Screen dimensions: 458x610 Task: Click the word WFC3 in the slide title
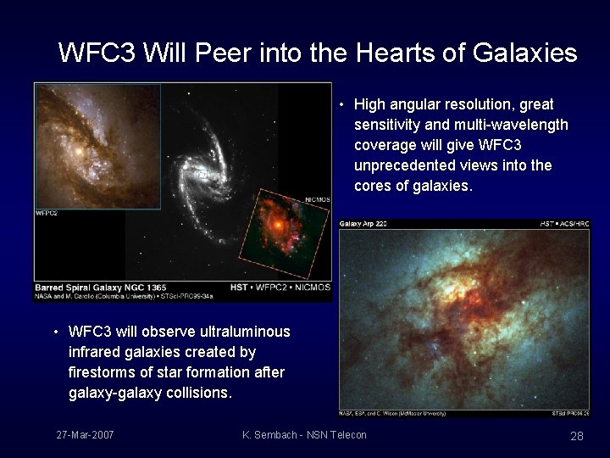pos(97,53)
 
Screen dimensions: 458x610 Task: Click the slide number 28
pos(577,435)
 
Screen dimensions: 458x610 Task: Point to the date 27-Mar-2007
pos(85,435)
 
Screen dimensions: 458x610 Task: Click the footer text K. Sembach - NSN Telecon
pos(304,435)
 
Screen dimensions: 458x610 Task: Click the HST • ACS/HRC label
pos(563,224)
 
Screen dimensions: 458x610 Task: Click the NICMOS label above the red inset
pos(317,199)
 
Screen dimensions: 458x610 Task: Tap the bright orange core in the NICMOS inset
pos(276,226)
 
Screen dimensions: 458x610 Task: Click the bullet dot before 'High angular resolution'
pos(339,105)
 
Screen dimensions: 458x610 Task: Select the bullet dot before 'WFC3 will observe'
pos(54,332)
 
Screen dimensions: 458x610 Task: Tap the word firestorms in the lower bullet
pos(101,372)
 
